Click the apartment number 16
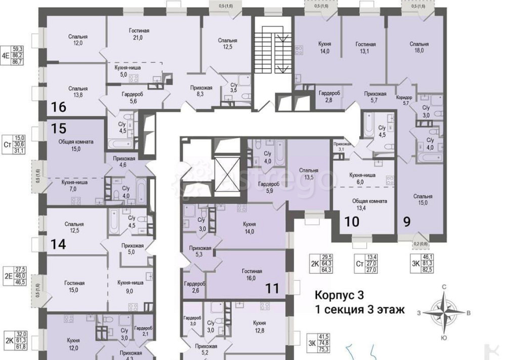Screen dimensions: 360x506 pyautogui.click(x=59, y=107)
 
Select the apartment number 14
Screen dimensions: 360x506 pyautogui.click(x=58, y=245)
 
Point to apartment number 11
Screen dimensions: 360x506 pyautogui.click(x=272, y=289)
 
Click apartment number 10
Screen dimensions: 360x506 pyautogui.click(x=352, y=221)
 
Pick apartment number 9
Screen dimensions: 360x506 pyautogui.click(x=406, y=221)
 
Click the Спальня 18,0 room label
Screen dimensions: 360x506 pyautogui.click(x=419, y=47)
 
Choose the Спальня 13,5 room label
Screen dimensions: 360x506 pyautogui.click(x=308, y=174)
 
